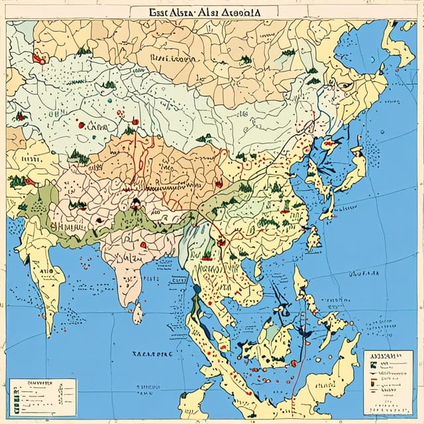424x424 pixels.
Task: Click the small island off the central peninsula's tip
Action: (x=137, y=312)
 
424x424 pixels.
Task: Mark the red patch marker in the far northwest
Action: (x=38, y=59)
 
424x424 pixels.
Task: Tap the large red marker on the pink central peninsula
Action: (x=142, y=244)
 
